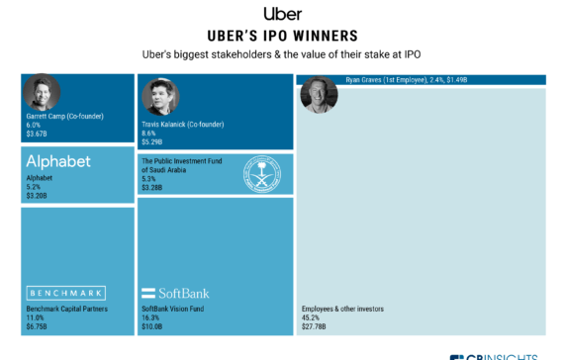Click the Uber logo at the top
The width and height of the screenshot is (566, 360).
pyautogui.click(x=282, y=13)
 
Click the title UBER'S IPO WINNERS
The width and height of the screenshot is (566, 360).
pyautogui.click(x=282, y=34)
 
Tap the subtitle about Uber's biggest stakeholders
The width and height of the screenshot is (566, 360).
pyautogui.click(x=282, y=52)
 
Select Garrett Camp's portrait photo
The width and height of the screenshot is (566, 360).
pyautogui.click(x=42, y=92)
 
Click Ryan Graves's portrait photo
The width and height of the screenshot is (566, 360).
pyautogui.click(x=319, y=94)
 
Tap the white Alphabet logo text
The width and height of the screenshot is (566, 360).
pyautogui.click(x=58, y=161)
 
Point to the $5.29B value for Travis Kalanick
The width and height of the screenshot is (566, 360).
pyautogui.click(x=152, y=140)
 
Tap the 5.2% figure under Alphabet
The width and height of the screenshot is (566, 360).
pyautogui.click(x=34, y=188)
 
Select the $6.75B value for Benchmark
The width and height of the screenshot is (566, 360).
pyautogui.click(x=37, y=323)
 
